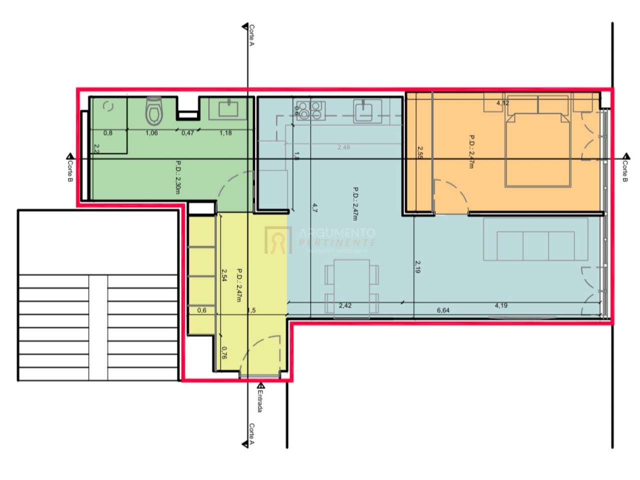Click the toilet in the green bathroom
pos(154,111)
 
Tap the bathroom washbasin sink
pos(229,109)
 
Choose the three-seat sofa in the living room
pos(535,245)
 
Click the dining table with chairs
pos(351,286)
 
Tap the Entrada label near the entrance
pos(260,401)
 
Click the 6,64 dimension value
pos(443,310)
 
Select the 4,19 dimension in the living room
pos(501,305)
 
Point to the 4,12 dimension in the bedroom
pos(502,103)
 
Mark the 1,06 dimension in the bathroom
pos(151,133)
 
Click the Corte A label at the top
pos(251,35)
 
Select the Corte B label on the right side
pos(625,170)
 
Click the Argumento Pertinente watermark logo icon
pos(278,240)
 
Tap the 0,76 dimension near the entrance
pos(224,353)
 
